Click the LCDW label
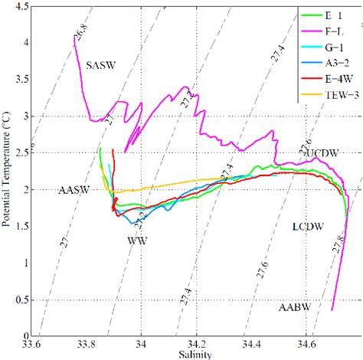[x=308, y=227]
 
